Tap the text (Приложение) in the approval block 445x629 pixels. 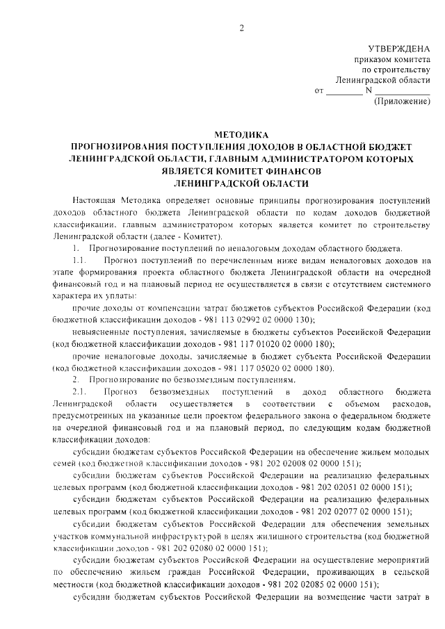tap(402, 101)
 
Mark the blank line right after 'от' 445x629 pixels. tap(344, 91)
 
